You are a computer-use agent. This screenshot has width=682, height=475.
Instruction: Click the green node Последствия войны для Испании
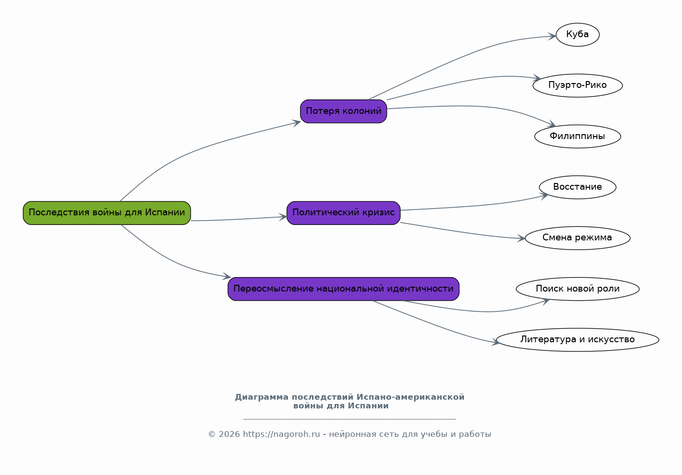tap(107, 213)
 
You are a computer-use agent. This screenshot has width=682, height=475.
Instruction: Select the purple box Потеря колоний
tap(343, 112)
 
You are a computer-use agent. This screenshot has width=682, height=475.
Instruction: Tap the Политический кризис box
tap(343, 213)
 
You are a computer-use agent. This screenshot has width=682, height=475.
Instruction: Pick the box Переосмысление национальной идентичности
tap(343, 289)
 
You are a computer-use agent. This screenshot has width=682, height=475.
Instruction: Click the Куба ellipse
tap(578, 35)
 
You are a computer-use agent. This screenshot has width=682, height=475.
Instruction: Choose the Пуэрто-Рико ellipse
tap(578, 85)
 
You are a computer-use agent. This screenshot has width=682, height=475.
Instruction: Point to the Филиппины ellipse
tap(578, 136)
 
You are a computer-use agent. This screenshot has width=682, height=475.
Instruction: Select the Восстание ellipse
tap(578, 187)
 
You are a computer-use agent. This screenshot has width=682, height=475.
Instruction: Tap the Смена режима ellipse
tap(578, 238)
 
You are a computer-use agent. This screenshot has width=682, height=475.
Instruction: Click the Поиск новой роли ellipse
tap(578, 289)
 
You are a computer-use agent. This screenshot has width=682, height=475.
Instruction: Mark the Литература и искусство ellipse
tap(578, 339)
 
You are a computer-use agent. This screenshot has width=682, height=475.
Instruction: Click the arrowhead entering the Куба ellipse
tap(552, 36)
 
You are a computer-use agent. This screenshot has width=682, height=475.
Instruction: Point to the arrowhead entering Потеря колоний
tap(296, 123)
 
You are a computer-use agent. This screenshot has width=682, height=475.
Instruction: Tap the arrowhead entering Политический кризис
tap(283, 217)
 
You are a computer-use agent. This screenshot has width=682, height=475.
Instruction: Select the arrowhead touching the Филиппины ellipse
tap(551, 124)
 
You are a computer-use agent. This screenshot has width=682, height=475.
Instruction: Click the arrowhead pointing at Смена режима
tap(521, 238)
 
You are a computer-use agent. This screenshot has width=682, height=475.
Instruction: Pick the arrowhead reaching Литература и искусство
tap(496, 342)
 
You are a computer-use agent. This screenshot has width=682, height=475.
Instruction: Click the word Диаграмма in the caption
tap(261, 397)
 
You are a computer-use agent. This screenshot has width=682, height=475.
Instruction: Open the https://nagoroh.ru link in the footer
tap(281, 434)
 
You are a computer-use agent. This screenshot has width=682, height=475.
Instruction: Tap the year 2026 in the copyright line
tap(229, 434)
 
